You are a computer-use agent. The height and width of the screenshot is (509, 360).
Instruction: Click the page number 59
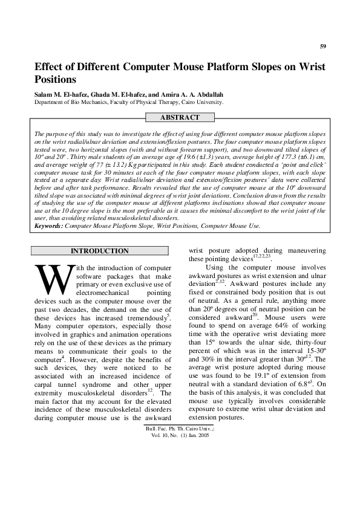coord(323,47)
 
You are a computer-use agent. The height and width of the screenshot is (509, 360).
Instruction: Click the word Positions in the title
coord(56,79)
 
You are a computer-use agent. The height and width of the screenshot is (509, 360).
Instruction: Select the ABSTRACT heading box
coord(180,117)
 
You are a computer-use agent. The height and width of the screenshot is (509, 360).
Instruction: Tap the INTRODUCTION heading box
coord(100,251)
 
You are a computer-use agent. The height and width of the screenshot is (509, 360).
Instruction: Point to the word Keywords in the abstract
coord(48,225)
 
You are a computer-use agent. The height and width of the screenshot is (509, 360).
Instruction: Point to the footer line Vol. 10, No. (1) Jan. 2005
coord(180,435)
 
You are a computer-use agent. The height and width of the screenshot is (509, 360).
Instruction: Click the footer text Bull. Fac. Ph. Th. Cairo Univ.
coord(180,428)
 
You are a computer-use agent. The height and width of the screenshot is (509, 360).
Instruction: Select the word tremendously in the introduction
coord(144,318)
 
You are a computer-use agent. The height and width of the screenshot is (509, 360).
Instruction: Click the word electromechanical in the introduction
coord(106,293)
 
